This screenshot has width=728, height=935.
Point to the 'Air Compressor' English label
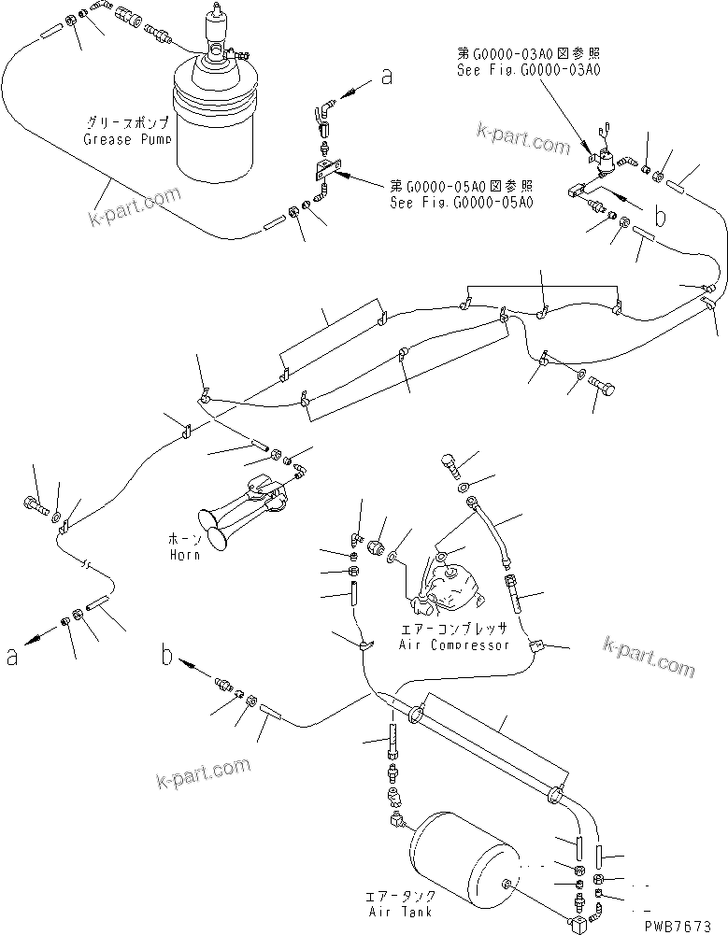[453, 645]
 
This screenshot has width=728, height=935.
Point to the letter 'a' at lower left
[12, 658]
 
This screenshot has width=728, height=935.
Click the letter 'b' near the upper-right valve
[661, 219]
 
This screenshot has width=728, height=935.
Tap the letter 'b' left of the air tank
[167, 657]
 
